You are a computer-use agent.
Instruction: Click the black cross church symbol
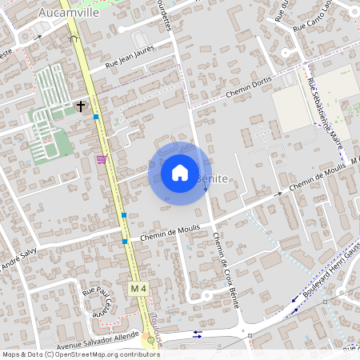81,105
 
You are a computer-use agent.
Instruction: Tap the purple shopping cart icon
101,159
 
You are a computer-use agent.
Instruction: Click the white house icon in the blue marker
180,173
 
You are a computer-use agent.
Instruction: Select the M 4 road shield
139,288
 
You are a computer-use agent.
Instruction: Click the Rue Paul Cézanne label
97,302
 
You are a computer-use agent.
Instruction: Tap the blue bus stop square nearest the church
96,118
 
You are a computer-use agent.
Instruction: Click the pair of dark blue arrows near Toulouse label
197,334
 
